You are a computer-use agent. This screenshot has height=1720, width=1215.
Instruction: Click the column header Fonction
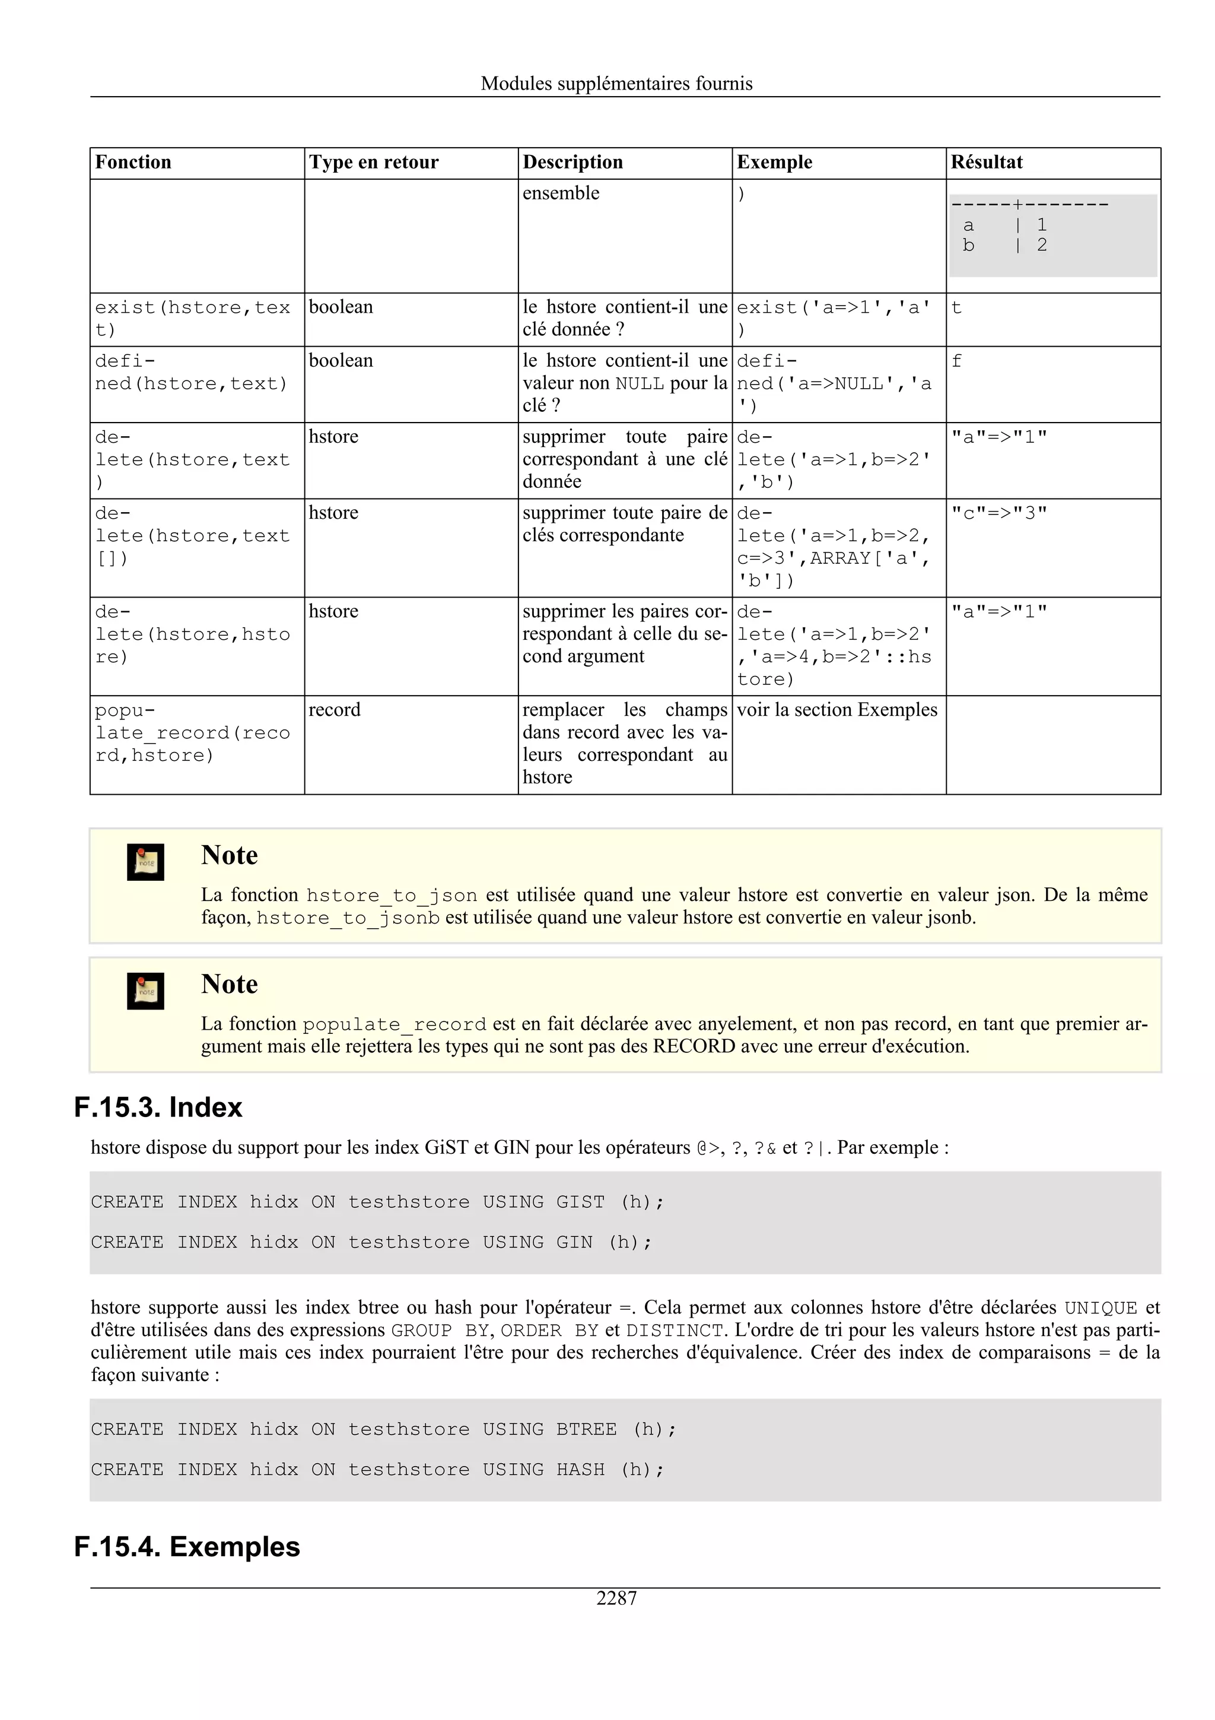[133, 163]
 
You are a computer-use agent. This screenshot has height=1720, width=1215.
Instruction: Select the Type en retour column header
[374, 163]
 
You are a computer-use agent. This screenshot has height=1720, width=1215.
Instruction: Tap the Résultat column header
[986, 163]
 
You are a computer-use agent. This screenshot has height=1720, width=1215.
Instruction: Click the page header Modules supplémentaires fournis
[616, 84]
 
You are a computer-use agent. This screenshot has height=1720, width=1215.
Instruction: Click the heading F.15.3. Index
[158, 1108]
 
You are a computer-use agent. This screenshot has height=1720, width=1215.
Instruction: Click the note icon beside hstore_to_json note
[145, 862]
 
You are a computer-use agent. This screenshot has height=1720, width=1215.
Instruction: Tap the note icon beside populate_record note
[145, 991]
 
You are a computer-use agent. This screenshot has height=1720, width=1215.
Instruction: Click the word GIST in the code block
[580, 1202]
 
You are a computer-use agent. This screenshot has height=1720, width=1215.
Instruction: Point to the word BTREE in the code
[586, 1429]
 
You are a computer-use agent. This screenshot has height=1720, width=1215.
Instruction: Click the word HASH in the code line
[580, 1470]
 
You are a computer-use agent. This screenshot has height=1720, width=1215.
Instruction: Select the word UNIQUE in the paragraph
[1101, 1309]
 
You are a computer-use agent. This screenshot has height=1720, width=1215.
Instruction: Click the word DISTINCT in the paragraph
[674, 1331]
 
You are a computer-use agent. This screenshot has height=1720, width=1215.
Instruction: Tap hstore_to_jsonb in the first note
[348, 918]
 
